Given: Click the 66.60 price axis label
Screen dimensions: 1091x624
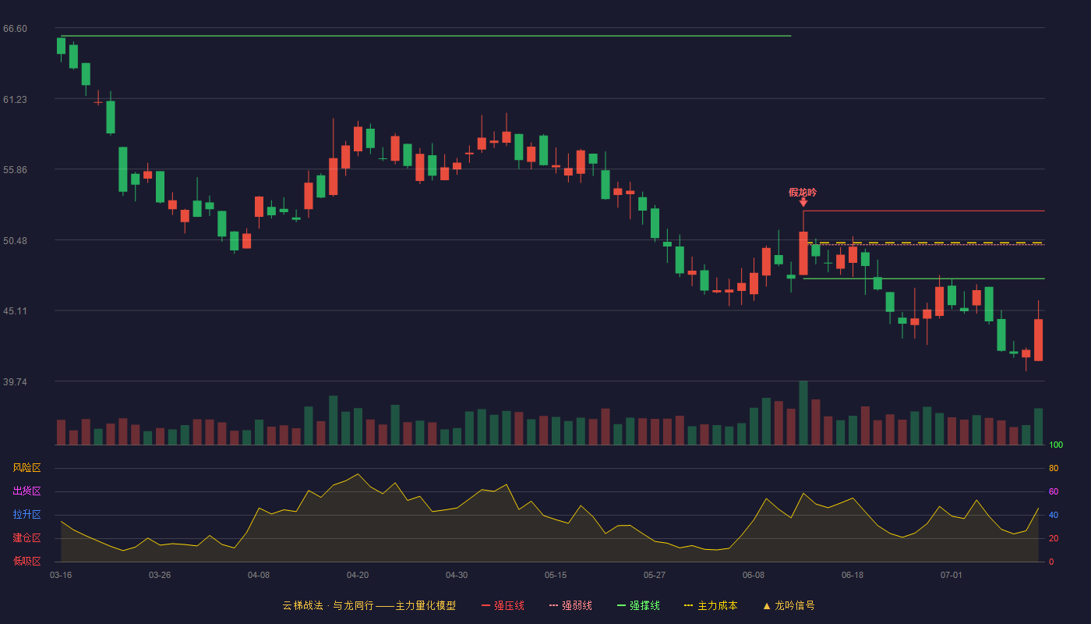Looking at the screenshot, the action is coord(15,29).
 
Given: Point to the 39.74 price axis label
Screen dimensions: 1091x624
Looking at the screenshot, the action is coord(15,381).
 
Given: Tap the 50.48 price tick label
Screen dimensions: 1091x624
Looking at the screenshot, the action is coord(15,241).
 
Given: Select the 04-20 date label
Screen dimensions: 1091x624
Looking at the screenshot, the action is coord(358,576).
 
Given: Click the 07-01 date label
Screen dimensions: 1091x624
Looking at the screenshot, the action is coord(952,576).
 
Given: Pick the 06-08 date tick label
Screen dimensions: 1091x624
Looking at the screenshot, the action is coord(754,576).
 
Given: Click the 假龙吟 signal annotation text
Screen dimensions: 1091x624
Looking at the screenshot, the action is coord(803,193).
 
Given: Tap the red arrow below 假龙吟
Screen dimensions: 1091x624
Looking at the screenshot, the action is coord(803,202).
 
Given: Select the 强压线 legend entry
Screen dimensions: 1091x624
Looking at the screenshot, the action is coord(503,605).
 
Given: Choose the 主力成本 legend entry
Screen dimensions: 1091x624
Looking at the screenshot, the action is coord(711,605).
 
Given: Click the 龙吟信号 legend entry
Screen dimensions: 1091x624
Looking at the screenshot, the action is coord(789,605).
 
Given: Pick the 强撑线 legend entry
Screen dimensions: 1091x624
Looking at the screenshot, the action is coord(638,605).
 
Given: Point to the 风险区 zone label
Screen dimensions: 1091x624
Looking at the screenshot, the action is coord(26,468).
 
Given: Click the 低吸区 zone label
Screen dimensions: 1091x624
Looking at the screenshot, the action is coord(26,562).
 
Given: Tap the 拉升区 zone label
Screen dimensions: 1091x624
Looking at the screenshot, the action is coord(26,515).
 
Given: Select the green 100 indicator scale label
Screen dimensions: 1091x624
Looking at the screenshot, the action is coord(1056,445).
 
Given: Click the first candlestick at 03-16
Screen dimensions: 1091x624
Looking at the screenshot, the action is coord(61,46).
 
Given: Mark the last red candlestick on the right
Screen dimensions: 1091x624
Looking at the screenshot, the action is coord(1038,340).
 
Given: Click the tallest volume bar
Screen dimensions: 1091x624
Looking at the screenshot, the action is coord(803,413).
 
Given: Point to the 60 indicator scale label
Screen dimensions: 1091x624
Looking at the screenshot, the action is coord(1054,491).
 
